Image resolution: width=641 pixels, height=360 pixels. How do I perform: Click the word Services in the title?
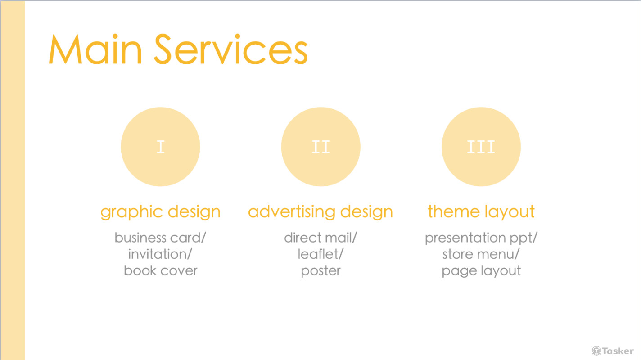coord(230,49)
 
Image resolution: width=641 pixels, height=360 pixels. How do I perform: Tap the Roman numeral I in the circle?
coord(160,147)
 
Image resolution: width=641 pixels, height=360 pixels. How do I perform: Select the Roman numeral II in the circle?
coord(320,147)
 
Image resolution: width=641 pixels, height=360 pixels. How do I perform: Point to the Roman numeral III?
coord(481,147)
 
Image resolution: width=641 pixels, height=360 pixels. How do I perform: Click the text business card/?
coord(160,238)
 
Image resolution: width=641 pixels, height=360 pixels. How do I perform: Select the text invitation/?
coord(160,254)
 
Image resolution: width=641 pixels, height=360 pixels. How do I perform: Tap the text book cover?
coord(160,270)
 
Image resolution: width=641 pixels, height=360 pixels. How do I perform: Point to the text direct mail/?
coord(320,238)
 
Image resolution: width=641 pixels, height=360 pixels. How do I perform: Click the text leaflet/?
coord(320,254)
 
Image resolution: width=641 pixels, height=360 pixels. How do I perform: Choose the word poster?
coord(320,271)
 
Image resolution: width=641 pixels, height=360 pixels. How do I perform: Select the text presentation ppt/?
coord(481,238)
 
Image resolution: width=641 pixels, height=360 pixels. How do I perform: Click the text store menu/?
coord(481,254)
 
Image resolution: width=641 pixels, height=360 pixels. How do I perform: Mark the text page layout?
coord(481,271)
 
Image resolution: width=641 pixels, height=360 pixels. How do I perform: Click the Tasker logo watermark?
coord(613,351)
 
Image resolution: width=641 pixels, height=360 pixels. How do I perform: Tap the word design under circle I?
coord(194,212)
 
